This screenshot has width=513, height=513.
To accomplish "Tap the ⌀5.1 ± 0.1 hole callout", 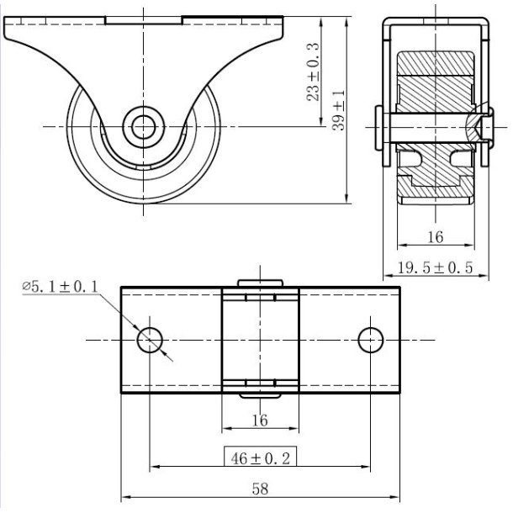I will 61,288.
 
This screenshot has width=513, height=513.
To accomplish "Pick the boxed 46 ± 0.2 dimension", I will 262,457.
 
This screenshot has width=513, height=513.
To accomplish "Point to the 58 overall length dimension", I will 262,489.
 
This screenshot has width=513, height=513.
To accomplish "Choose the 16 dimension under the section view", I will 434,237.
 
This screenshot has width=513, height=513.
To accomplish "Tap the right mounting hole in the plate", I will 371,340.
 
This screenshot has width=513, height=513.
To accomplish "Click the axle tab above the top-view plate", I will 261,283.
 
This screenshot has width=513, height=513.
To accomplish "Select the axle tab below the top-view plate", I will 261,396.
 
